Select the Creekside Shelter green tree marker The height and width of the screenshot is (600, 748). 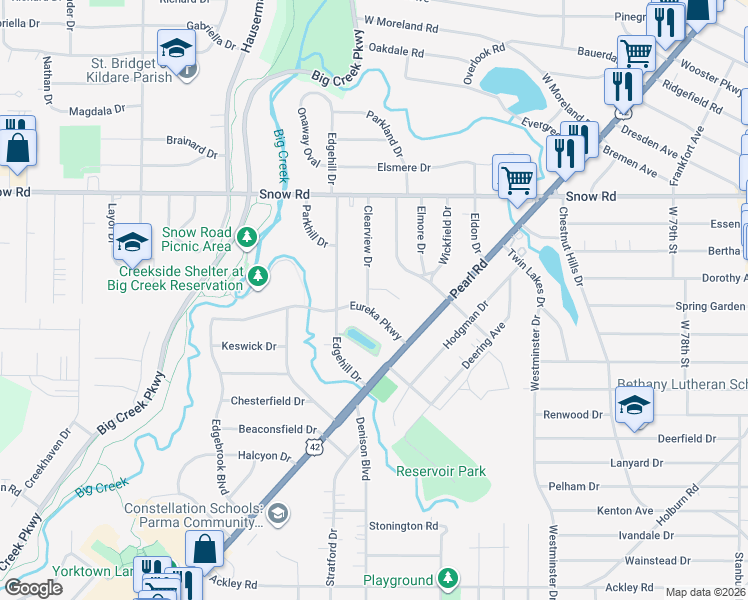point(258,276)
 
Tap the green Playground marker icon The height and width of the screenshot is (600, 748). point(448,578)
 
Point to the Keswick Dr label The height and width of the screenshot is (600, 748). point(248,347)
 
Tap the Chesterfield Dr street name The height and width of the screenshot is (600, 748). point(268,401)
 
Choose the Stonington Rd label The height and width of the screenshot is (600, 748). point(404,526)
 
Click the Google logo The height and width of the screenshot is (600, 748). point(33,588)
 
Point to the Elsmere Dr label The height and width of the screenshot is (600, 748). point(403,169)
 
